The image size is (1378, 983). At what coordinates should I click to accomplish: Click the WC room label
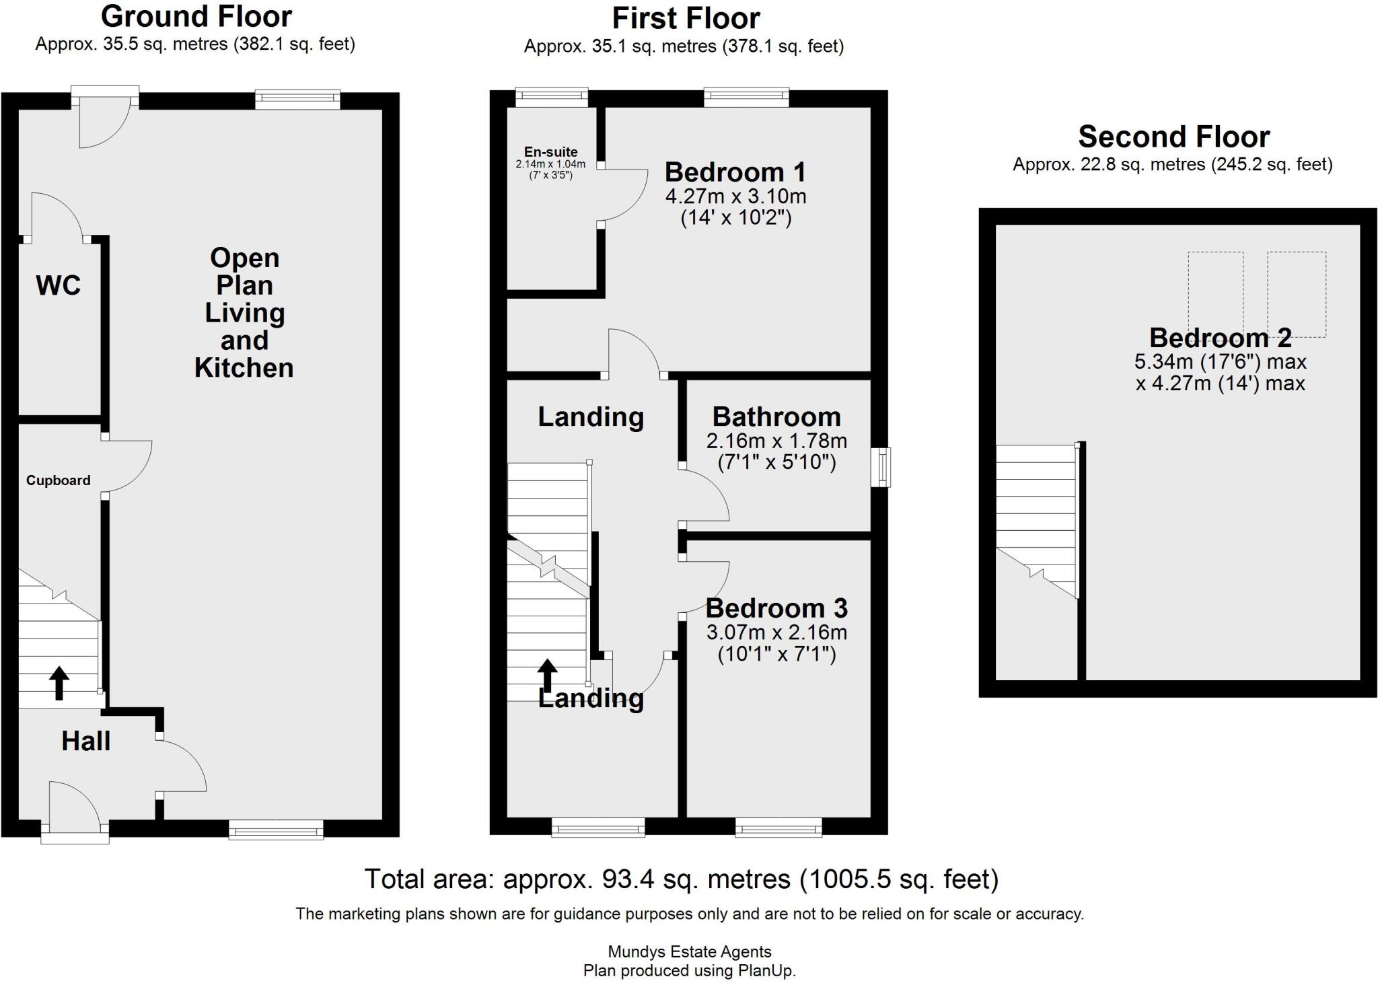point(59,285)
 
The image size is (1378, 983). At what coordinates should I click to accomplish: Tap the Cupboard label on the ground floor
point(59,480)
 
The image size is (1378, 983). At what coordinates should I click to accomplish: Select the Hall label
point(86,741)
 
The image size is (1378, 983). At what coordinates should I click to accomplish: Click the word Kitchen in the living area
point(244,367)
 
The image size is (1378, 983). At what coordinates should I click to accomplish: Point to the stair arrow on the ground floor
point(60,683)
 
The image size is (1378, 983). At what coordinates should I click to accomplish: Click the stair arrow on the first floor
point(547,676)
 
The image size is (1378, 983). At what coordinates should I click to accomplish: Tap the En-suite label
point(551,152)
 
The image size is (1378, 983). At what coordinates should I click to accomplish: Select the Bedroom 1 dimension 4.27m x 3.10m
point(736,196)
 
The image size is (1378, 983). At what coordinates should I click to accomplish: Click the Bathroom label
point(777,417)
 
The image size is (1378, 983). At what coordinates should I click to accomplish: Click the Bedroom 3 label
point(776,608)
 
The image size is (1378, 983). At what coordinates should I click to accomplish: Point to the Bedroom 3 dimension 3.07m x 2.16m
point(776,632)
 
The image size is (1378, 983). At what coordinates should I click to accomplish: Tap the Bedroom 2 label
point(1221,337)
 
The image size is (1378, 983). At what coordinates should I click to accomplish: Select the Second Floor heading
point(1174,137)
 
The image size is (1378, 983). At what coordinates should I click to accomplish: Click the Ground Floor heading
point(196,16)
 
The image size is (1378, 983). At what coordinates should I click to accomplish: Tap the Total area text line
point(682,879)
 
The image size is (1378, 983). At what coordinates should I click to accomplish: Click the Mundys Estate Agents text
point(690,951)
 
